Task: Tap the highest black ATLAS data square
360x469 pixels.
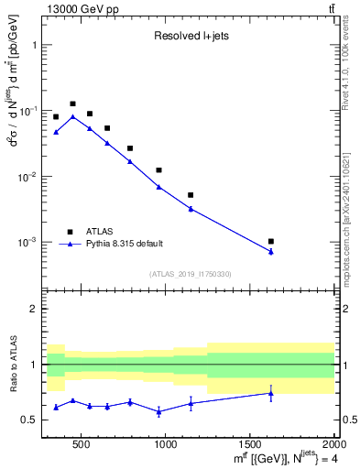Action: coord(72,104)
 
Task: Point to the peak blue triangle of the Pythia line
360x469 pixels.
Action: coord(72,117)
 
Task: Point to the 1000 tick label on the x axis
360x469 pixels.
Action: coord(166,445)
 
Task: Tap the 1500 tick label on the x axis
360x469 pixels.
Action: coord(250,445)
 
